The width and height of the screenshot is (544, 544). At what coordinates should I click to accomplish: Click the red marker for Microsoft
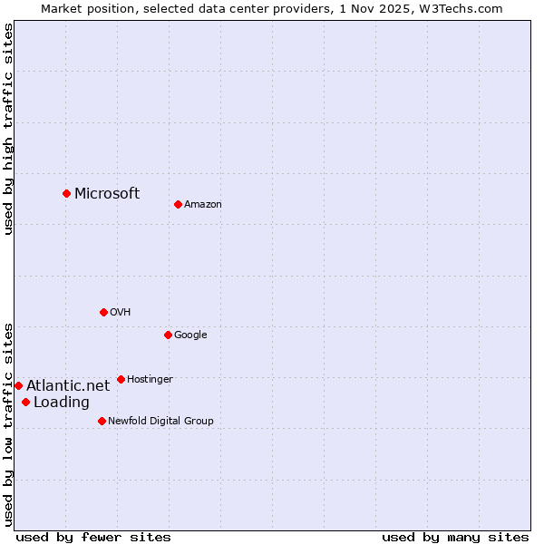point(66,193)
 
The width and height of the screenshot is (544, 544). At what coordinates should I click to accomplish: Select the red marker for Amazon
point(178,204)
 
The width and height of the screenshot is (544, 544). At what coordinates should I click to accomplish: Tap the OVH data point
point(103,312)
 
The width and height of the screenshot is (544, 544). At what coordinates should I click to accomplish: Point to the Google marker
point(168,335)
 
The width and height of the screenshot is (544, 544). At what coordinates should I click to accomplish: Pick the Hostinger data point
point(121,379)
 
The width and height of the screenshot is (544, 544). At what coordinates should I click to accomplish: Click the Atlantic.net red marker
point(18,385)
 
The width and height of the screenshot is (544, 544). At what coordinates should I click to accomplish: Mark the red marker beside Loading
point(25,402)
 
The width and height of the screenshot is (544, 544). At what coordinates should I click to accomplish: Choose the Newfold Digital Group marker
point(102,421)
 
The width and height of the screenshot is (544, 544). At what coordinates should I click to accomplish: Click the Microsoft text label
point(107,193)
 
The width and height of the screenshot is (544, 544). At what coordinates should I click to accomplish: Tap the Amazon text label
point(202,205)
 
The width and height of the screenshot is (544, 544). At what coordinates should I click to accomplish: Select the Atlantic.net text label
point(68,385)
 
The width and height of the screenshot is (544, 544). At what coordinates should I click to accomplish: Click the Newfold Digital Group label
point(160,421)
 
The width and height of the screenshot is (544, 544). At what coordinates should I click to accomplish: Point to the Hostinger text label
point(150,379)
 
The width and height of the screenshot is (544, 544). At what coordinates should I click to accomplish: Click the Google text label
point(190,335)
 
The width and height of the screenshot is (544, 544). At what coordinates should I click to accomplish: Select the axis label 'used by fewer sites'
point(93,537)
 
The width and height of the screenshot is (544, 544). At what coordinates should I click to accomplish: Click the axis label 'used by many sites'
point(455,537)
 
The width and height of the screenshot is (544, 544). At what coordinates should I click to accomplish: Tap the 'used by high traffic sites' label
point(8,129)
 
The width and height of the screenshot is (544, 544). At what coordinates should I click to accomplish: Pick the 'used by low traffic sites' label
point(8,423)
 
